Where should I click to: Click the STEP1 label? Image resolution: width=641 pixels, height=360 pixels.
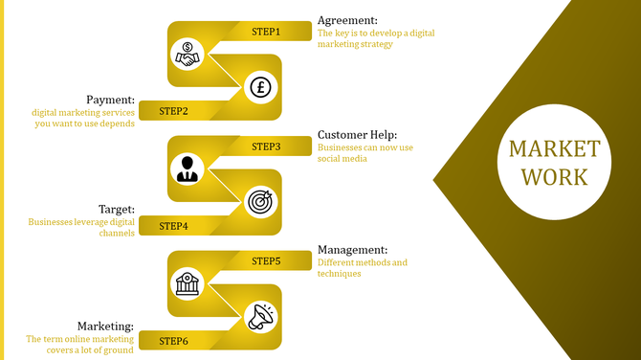pyautogui.click(x=266, y=32)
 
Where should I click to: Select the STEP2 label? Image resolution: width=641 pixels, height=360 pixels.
pyautogui.click(x=173, y=111)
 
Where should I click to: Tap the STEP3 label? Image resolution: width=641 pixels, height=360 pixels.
pyautogui.click(x=266, y=146)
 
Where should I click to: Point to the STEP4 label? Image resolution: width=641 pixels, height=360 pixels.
pyautogui.click(x=173, y=226)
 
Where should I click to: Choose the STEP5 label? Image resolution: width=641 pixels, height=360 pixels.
pyautogui.click(x=266, y=260)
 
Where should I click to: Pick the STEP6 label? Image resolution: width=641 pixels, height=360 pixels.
pyautogui.click(x=173, y=341)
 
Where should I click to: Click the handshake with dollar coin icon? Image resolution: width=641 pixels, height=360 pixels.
pyautogui.click(x=188, y=54)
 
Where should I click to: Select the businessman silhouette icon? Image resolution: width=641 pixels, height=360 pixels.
pyautogui.click(x=187, y=169)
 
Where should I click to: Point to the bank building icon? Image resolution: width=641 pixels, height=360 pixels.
pyautogui.click(x=187, y=283)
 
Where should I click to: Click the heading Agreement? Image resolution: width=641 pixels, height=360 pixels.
pyautogui.click(x=347, y=20)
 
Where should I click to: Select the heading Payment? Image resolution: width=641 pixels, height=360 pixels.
pyautogui.click(x=110, y=100)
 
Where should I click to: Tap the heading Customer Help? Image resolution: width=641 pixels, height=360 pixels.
pyautogui.click(x=357, y=135)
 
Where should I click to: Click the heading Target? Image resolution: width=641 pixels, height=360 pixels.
pyautogui.click(x=117, y=209)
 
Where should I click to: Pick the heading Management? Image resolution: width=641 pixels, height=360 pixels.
pyautogui.click(x=352, y=250)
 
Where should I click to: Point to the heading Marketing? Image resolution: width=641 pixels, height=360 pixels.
pyautogui.click(x=105, y=326)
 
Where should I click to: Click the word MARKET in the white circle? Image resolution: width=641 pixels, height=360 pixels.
pyautogui.click(x=554, y=149)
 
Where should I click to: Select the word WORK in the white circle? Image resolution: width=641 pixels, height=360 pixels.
pyautogui.click(x=554, y=177)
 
